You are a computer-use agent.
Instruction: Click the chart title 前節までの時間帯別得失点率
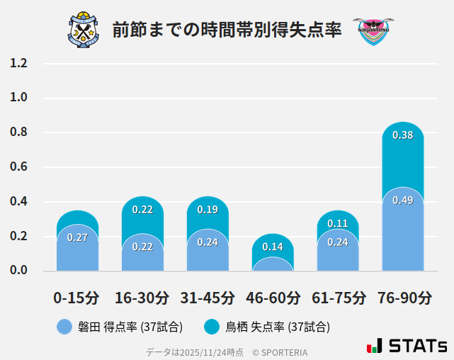click(x=227, y=30)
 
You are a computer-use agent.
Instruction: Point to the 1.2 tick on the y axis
click(x=18, y=64)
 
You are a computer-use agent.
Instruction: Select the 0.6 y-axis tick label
click(x=18, y=167)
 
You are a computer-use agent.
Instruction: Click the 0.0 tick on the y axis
click(x=18, y=271)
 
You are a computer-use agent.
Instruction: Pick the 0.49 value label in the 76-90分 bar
click(x=402, y=201)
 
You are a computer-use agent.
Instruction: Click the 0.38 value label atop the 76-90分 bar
click(x=402, y=135)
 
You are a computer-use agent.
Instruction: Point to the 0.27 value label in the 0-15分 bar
click(x=77, y=237)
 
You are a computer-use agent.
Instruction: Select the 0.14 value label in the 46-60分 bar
click(x=273, y=247)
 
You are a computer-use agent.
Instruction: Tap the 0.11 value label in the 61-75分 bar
click(x=338, y=223)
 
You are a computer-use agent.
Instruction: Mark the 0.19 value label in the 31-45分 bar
click(x=208, y=209)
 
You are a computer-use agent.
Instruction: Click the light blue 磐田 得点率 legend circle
click(x=64, y=327)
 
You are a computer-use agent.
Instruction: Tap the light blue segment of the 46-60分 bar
click(x=273, y=264)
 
